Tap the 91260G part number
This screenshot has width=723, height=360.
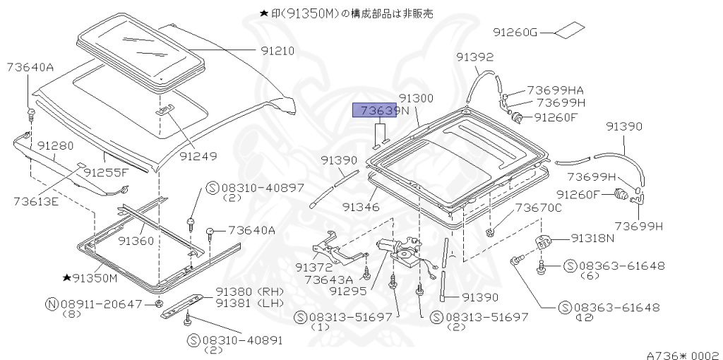pos(515,32)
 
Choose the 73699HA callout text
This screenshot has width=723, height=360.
pos(555,90)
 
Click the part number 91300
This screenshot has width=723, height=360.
pos(416,99)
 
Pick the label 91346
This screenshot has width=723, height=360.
pos(361,208)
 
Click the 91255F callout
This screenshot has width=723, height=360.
pos(106,172)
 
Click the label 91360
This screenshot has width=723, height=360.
pos(136,241)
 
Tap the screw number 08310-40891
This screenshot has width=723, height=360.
pos(242,340)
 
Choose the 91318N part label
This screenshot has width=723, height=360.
pos(593,239)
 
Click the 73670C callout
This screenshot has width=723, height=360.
pos(538,208)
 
